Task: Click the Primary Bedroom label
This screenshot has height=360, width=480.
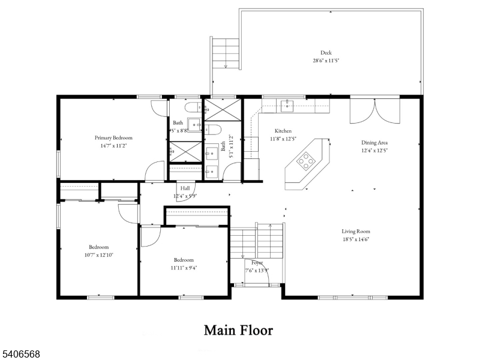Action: coord(113,137)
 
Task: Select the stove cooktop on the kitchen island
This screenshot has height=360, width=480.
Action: coord(306,160)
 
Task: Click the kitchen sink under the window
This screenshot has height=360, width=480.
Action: coord(286,106)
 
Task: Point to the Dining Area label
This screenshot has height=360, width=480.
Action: coord(374,143)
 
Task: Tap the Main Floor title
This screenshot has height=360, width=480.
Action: coord(238,330)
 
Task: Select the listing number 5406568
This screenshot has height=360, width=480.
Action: coord(21,355)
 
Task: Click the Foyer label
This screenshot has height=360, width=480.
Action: coord(257,263)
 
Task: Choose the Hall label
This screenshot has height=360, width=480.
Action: coord(185,188)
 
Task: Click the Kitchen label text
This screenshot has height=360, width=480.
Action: coord(283,131)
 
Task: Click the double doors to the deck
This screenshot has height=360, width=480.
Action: coord(374,110)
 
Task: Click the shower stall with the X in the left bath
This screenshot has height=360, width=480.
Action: coord(184,151)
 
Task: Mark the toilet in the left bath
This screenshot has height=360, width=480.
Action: coord(194,108)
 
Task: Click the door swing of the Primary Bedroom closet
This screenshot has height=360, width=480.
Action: coord(157,170)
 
